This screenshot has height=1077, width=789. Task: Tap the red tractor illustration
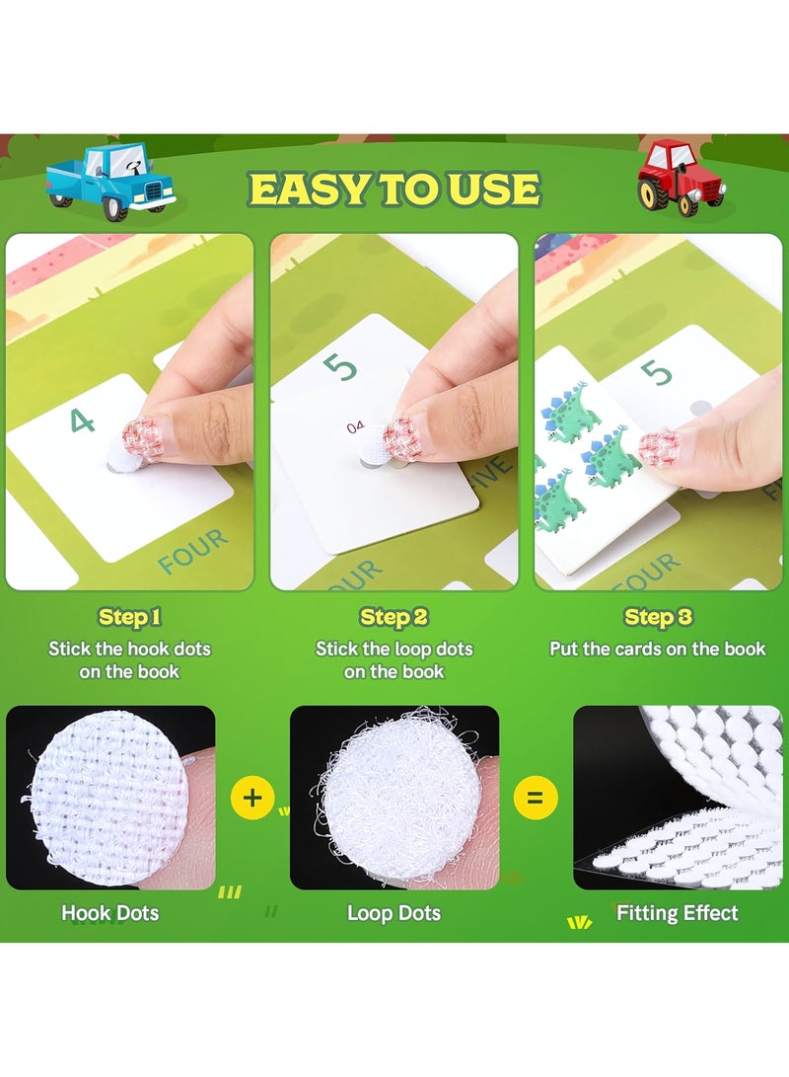[x=681, y=176]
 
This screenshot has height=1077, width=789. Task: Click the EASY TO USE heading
[x=394, y=189]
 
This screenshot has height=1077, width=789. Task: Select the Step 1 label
[x=129, y=618]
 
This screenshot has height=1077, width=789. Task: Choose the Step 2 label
[x=394, y=618]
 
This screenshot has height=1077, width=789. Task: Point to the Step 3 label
[x=658, y=618]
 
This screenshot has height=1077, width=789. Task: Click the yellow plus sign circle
[x=252, y=797]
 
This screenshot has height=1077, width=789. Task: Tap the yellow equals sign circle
[x=536, y=797]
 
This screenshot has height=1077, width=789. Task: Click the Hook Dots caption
[x=110, y=913]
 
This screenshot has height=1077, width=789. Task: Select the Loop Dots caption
[x=394, y=913]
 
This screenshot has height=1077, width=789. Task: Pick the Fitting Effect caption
[x=677, y=913]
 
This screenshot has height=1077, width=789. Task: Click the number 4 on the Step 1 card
[x=83, y=422]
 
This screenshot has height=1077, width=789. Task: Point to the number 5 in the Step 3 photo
[x=656, y=373]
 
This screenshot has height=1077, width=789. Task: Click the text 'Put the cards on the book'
[x=658, y=649]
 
